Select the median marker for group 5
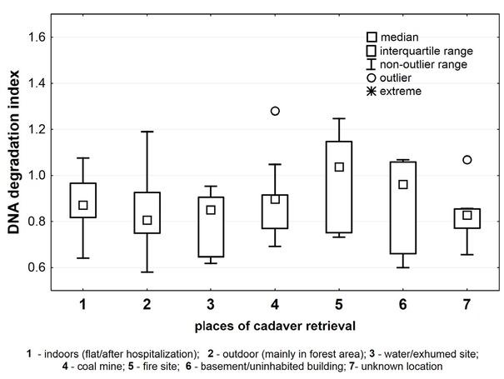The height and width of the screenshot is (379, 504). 339,167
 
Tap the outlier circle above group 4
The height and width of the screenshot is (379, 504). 275,111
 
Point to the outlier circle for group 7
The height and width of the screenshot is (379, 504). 467,160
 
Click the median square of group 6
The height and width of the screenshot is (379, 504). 403,184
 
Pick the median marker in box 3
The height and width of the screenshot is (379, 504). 211,209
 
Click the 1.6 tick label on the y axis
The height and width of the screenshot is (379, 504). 37,37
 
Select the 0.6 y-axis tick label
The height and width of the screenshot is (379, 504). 37,267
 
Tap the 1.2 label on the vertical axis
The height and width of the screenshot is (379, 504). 37,129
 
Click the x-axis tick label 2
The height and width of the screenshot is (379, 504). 147,306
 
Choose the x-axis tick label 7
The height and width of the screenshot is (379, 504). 467,306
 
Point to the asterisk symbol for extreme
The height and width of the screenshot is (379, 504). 371,91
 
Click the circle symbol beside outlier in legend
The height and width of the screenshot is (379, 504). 371,77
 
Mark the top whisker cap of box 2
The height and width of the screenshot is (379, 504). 147,132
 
